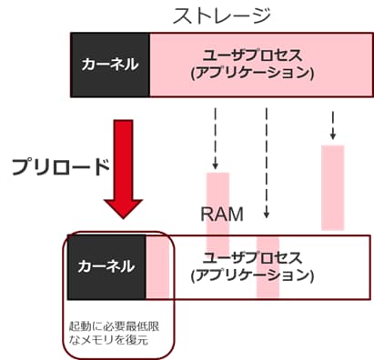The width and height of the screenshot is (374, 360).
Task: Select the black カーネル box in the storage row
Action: point(110,65)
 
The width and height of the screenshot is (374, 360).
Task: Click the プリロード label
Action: point(61,166)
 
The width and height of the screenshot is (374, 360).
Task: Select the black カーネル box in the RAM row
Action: point(106,266)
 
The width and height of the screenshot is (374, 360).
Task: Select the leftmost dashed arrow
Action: point(217,136)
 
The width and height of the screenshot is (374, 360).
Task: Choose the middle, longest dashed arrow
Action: point(267,159)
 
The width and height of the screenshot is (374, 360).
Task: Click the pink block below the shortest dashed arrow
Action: point(333,186)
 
